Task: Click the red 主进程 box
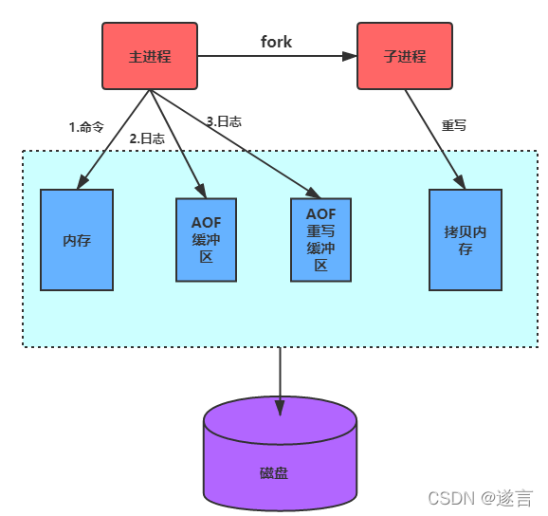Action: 150,56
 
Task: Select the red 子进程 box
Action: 405,56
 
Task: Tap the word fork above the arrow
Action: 276,42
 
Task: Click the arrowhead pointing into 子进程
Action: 350,56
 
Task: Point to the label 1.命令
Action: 86,127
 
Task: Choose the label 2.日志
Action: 147,138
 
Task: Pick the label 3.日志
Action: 224,121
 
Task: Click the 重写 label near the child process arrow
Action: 453,125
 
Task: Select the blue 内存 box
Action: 77,240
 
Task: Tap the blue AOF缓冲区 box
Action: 206,240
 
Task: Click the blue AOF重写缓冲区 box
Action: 320,240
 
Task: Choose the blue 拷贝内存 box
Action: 466,240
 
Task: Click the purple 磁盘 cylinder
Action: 280,453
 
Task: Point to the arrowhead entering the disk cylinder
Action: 280,408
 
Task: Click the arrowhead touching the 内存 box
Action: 82,182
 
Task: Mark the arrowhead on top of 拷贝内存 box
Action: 460,182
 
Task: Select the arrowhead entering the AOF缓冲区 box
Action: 201,191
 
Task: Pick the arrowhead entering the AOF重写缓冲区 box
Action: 314,193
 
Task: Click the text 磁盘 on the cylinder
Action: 274,473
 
